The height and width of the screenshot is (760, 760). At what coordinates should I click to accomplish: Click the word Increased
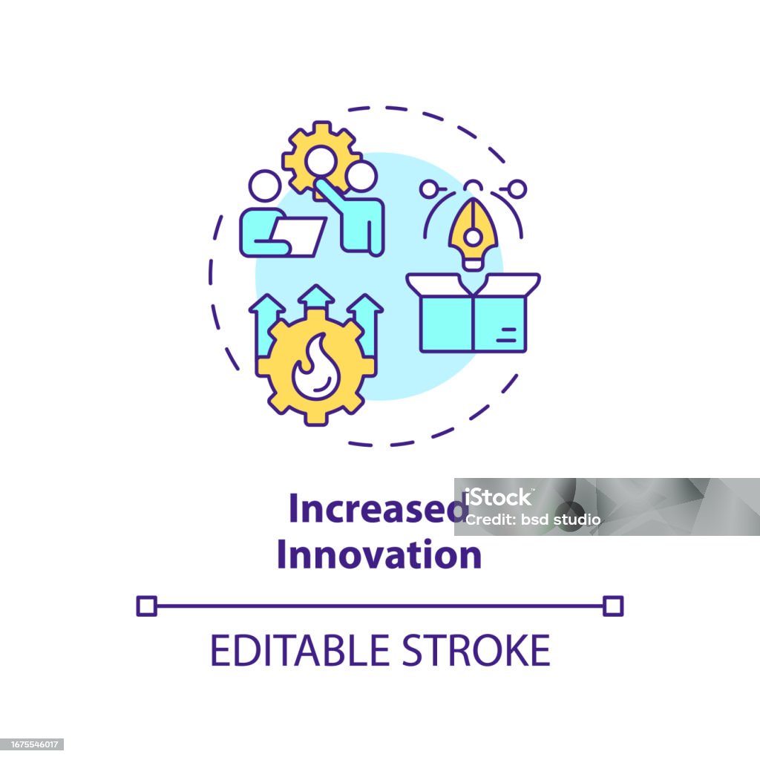(x=378, y=508)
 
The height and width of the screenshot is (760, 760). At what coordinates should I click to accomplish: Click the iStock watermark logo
(x=498, y=497)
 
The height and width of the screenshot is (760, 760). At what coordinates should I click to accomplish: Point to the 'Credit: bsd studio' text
(x=533, y=520)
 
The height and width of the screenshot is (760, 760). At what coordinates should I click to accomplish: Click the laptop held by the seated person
(x=297, y=237)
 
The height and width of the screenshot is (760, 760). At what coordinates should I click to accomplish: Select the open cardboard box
(x=473, y=312)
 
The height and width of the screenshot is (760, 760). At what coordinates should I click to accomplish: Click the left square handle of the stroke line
(x=147, y=606)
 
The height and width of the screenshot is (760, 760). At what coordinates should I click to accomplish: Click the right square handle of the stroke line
(x=613, y=606)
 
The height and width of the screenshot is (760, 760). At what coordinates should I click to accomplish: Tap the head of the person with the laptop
(x=265, y=186)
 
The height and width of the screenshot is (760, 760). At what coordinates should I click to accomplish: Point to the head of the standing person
(x=361, y=177)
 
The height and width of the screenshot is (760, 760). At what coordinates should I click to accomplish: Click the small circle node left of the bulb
(x=428, y=189)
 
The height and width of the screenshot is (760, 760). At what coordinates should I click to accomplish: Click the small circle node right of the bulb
(x=517, y=189)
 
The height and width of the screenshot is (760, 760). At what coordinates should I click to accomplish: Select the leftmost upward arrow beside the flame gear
(x=266, y=325)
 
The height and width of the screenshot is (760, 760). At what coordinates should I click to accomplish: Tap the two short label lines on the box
(x=506, y=335)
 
